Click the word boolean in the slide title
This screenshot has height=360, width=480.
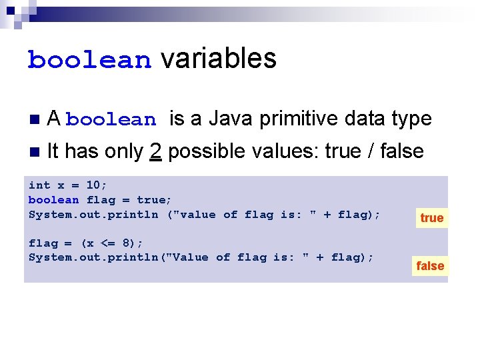click(x=89, y=60)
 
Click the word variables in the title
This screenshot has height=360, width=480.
click(x=218, y=59)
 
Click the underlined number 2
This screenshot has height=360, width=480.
click(x=155, y=152)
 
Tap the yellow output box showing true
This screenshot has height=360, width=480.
click(x=431, y=218)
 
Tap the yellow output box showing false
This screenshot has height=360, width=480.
click(x=430, y=266)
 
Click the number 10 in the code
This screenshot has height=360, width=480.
click(x=93, y=185)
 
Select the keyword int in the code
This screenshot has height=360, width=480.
click(x=39, y=185)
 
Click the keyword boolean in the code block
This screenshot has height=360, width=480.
click(x=53, y=200)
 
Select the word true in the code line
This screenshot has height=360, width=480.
click(x=152, y=200)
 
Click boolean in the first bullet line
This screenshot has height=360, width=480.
click(x=111, y=121)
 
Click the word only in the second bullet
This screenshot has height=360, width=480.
click(x=122, y=152)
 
